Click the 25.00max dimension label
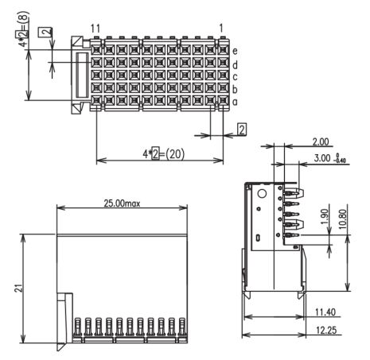122,203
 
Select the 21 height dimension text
18,288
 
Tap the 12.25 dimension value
326,331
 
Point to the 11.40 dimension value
325,312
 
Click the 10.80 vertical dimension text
343,219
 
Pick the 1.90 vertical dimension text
325,217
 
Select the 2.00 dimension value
321,142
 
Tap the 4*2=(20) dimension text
163,154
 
